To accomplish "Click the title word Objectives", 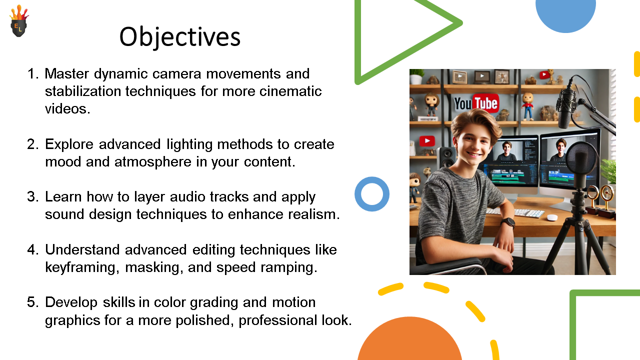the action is (x=180, y=37).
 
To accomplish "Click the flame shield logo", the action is (x=19, y=21).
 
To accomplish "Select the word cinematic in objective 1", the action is (x=290, y=91).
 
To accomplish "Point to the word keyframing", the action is (x=81, y=268).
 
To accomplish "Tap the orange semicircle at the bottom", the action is (x=409, y=340).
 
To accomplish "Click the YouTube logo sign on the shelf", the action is (x=476, y=103).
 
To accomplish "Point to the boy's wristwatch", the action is (x=507, y=222).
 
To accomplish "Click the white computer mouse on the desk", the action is (x=552, y=217).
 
